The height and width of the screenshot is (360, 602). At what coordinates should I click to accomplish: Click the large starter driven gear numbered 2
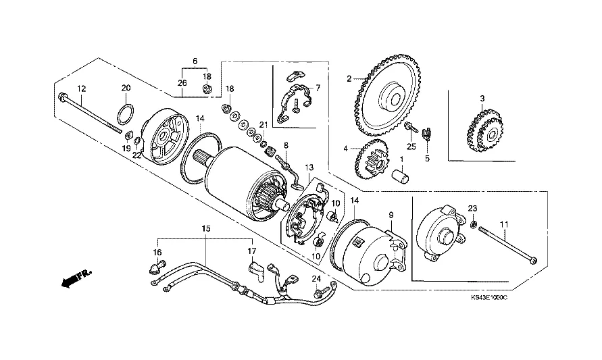(386, 97)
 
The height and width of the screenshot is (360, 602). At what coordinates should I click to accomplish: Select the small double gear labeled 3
(484, 130)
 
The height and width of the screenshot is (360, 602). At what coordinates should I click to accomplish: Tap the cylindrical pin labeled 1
(400, 176)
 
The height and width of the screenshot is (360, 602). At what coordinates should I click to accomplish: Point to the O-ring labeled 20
(126, 114)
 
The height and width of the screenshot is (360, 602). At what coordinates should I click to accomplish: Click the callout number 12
(81, 88)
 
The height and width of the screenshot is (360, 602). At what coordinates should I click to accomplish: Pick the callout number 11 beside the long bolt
(504, 224)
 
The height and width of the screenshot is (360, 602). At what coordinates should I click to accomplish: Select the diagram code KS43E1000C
(489, 298)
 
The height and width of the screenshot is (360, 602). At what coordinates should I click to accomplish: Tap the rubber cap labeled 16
(157, 266)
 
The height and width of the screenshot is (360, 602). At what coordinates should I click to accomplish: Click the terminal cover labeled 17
(255, 271)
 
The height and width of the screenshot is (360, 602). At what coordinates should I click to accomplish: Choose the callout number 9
(391, 215)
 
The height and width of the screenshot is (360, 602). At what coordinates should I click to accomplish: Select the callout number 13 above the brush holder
(309, 168)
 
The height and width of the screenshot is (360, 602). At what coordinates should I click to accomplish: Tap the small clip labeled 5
(426, 134)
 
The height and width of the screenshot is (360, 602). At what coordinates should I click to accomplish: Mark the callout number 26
(182, 83)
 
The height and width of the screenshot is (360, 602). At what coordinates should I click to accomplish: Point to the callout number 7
(318, 88)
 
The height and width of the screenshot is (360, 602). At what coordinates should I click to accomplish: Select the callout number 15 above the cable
(206, 229)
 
